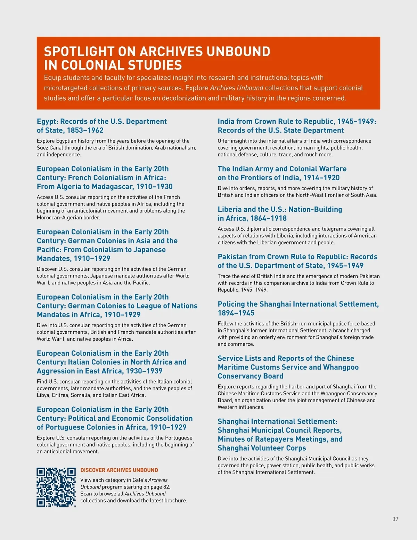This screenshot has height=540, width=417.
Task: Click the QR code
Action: point(56,487)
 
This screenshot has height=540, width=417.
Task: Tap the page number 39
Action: point(395,519)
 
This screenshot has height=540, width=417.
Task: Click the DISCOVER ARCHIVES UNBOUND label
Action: point(119,470)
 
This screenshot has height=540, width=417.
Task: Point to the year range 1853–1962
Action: point(85,130)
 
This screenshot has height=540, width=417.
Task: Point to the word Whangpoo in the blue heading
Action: point(341,368)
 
